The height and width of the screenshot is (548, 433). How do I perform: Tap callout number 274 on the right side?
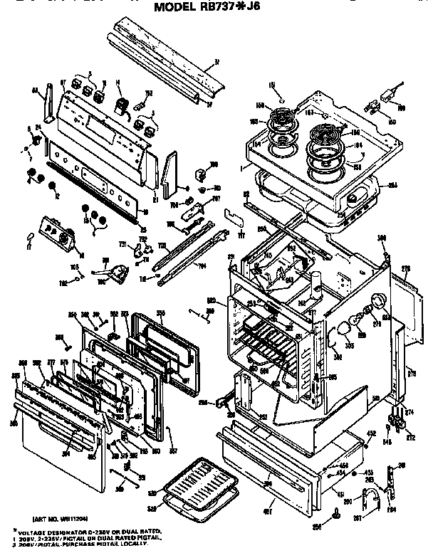pyautogui.click(x=409, y=411)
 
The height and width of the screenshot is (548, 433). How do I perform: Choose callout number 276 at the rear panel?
pyautogui.click(x=407, y=268)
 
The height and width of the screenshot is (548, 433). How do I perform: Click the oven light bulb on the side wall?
pyautogui.click(x=344, y=327)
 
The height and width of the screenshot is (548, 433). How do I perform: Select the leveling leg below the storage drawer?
pyautogui.click(x=335, y=512)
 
